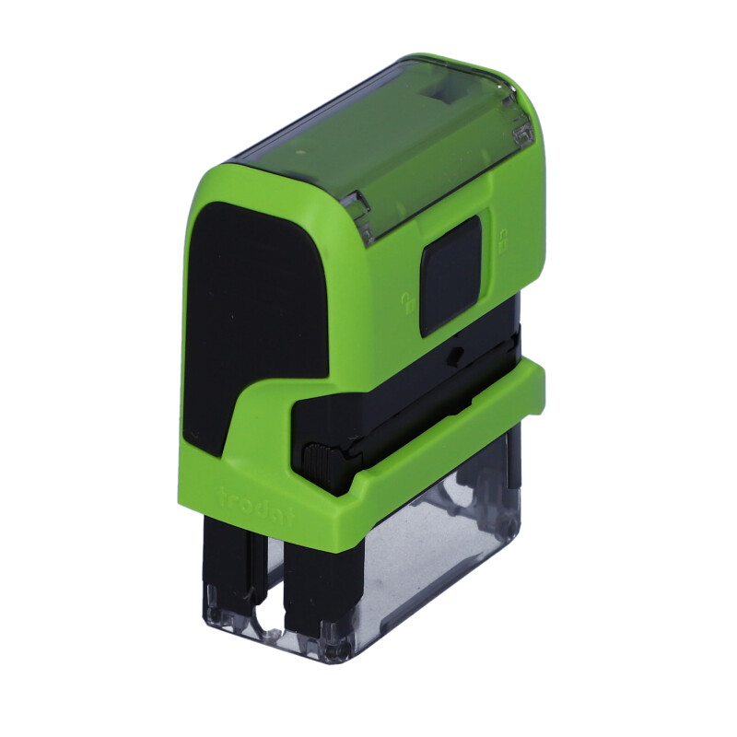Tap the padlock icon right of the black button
tap(503, 240)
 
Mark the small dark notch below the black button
tap(454, 357)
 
